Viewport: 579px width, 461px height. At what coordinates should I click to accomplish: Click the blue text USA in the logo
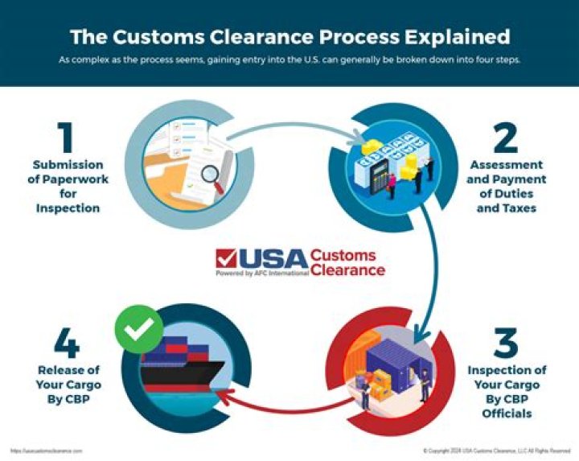[x=273, y=258]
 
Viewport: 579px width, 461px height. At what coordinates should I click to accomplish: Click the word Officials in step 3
[x=507, y=413]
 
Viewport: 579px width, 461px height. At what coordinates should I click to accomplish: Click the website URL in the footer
[x=46, y=451]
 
